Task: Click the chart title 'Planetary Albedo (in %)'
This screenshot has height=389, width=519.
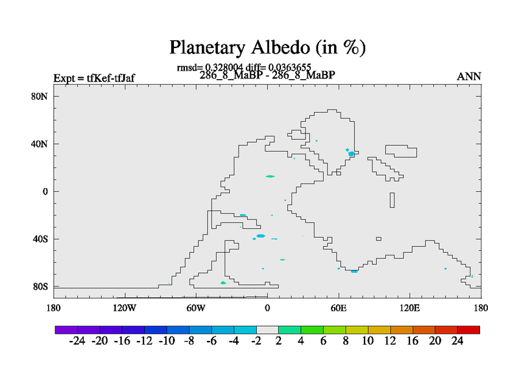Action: (x=267, y=47)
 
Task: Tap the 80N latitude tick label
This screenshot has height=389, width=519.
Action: (x=40, y=96)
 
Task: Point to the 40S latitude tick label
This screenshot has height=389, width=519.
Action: (x=40, y=239)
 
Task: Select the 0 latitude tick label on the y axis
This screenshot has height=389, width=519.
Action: (x=45, y=191)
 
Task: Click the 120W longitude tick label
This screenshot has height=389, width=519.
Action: (x=125, y=309)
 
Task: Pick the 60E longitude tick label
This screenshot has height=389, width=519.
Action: (x=339, y=309)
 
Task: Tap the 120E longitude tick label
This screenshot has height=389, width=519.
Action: (x=410, y=309)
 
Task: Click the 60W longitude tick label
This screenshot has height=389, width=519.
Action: (x=196, y=309)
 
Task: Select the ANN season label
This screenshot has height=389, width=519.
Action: (x=468, y=77)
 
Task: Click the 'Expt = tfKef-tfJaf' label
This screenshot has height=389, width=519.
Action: (x=94, y=78)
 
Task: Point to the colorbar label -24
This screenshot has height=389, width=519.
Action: (x=77, y=341)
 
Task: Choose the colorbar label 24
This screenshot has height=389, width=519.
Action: (x=457, y=341)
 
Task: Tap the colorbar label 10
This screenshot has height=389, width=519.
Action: (x=368, y=341)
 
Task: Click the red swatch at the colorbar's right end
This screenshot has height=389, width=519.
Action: (x=468, y=330)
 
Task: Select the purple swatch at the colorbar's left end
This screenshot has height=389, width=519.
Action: (x=66, y=330)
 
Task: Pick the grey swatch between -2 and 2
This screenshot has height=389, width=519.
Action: (x=267, y=330)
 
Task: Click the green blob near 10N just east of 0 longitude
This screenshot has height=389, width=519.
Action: (x=270, y=176)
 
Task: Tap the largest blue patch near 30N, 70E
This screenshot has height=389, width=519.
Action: (x=351, y=154)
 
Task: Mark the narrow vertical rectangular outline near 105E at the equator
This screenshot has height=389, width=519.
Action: (x=392, y=200)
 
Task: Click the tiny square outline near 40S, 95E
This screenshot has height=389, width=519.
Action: (x=379, y=239)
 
